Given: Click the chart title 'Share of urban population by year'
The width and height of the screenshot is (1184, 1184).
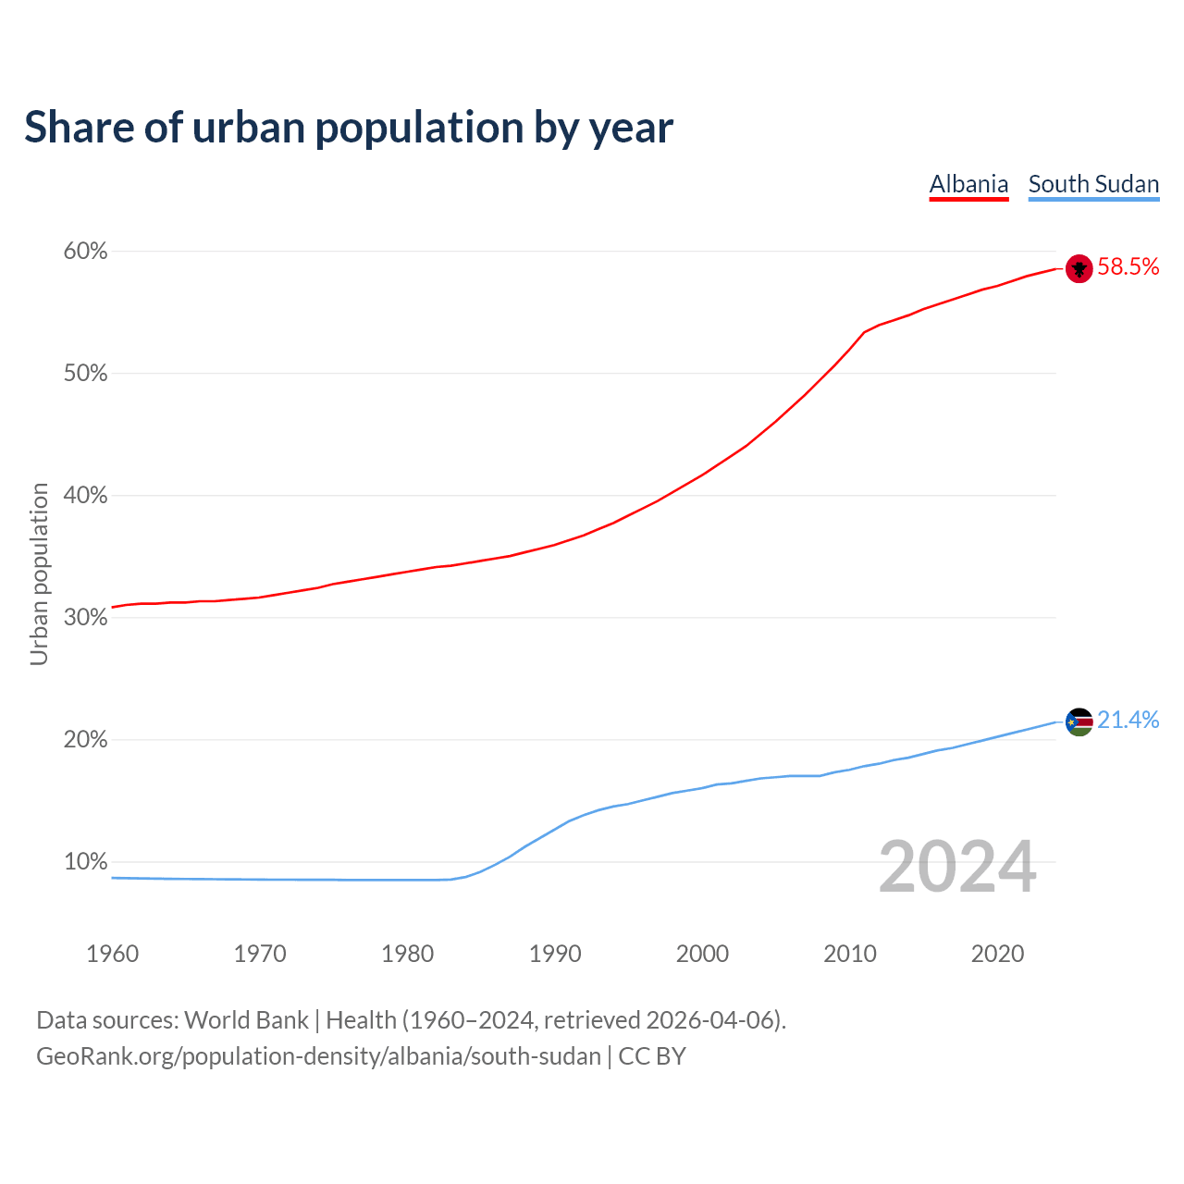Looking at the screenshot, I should [x=348, y=128].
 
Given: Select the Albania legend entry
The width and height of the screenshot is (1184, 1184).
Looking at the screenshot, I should [x=968, y=184].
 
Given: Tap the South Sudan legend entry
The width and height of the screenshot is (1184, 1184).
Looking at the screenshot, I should [x=1093, y=184].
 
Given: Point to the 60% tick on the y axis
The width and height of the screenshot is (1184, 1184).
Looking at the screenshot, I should [x=86, y=252].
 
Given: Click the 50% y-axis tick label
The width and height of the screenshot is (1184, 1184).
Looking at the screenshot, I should [x=86, y=374].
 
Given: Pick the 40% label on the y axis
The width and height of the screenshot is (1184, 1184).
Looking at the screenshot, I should [x=86, y=496].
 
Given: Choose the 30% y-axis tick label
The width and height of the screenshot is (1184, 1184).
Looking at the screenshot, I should [x=86, y=618].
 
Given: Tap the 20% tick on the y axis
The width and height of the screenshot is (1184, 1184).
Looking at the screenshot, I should [x=86, y=740].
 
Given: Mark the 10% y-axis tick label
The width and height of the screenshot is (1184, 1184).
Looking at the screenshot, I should [x=86, y=862].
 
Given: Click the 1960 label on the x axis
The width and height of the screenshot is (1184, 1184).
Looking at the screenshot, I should [x=113, y=954].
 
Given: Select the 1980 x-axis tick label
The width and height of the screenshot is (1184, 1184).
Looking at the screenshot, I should [x=408, y=954].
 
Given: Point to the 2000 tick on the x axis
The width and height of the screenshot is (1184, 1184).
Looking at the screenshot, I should [x=702, y=954].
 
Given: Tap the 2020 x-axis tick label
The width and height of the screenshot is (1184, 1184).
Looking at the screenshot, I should [x=997, y=954].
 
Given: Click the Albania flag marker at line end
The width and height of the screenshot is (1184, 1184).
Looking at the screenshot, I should [x=1079, y=268].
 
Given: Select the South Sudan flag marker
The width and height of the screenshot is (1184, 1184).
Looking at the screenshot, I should [x=1079, y=721].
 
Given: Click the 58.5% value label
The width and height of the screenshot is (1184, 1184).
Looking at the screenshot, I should [x=1128, y=267].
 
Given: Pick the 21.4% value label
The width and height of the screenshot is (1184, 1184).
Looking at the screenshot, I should [x=1128, y=721].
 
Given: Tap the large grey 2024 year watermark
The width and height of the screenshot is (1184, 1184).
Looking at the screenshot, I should [x=956, y=867].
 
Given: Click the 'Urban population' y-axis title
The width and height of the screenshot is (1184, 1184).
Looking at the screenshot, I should [x=40, y=573].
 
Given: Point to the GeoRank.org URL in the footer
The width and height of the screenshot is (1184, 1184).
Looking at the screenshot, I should [x=318, y=1056].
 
